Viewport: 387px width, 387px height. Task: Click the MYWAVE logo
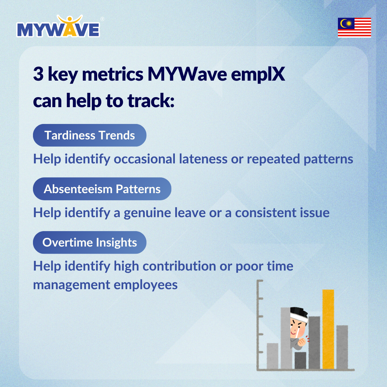(58, 27)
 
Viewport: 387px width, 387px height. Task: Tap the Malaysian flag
(354, 27)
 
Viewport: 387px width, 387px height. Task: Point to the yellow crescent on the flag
(343, 23)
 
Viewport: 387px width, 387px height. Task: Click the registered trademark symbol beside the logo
(102, 19)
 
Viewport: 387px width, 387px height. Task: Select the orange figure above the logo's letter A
(70, 20)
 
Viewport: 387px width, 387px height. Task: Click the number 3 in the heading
(38, 74)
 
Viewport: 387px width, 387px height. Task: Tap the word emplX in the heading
(258, 75)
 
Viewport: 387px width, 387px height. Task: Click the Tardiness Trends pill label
(90, 135)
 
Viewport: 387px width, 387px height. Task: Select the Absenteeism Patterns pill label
(102, 189)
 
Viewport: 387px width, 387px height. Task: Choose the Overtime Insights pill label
(90, 242)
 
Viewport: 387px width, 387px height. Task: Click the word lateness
(203, 159)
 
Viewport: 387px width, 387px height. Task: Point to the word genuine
(147, 213)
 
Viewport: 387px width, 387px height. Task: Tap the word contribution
(179, 266)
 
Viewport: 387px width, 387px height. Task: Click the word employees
(145, 285)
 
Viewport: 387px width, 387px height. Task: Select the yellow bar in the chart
(328, 329)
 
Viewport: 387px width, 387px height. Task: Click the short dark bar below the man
(300, 360)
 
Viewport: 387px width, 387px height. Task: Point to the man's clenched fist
(302, 342)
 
